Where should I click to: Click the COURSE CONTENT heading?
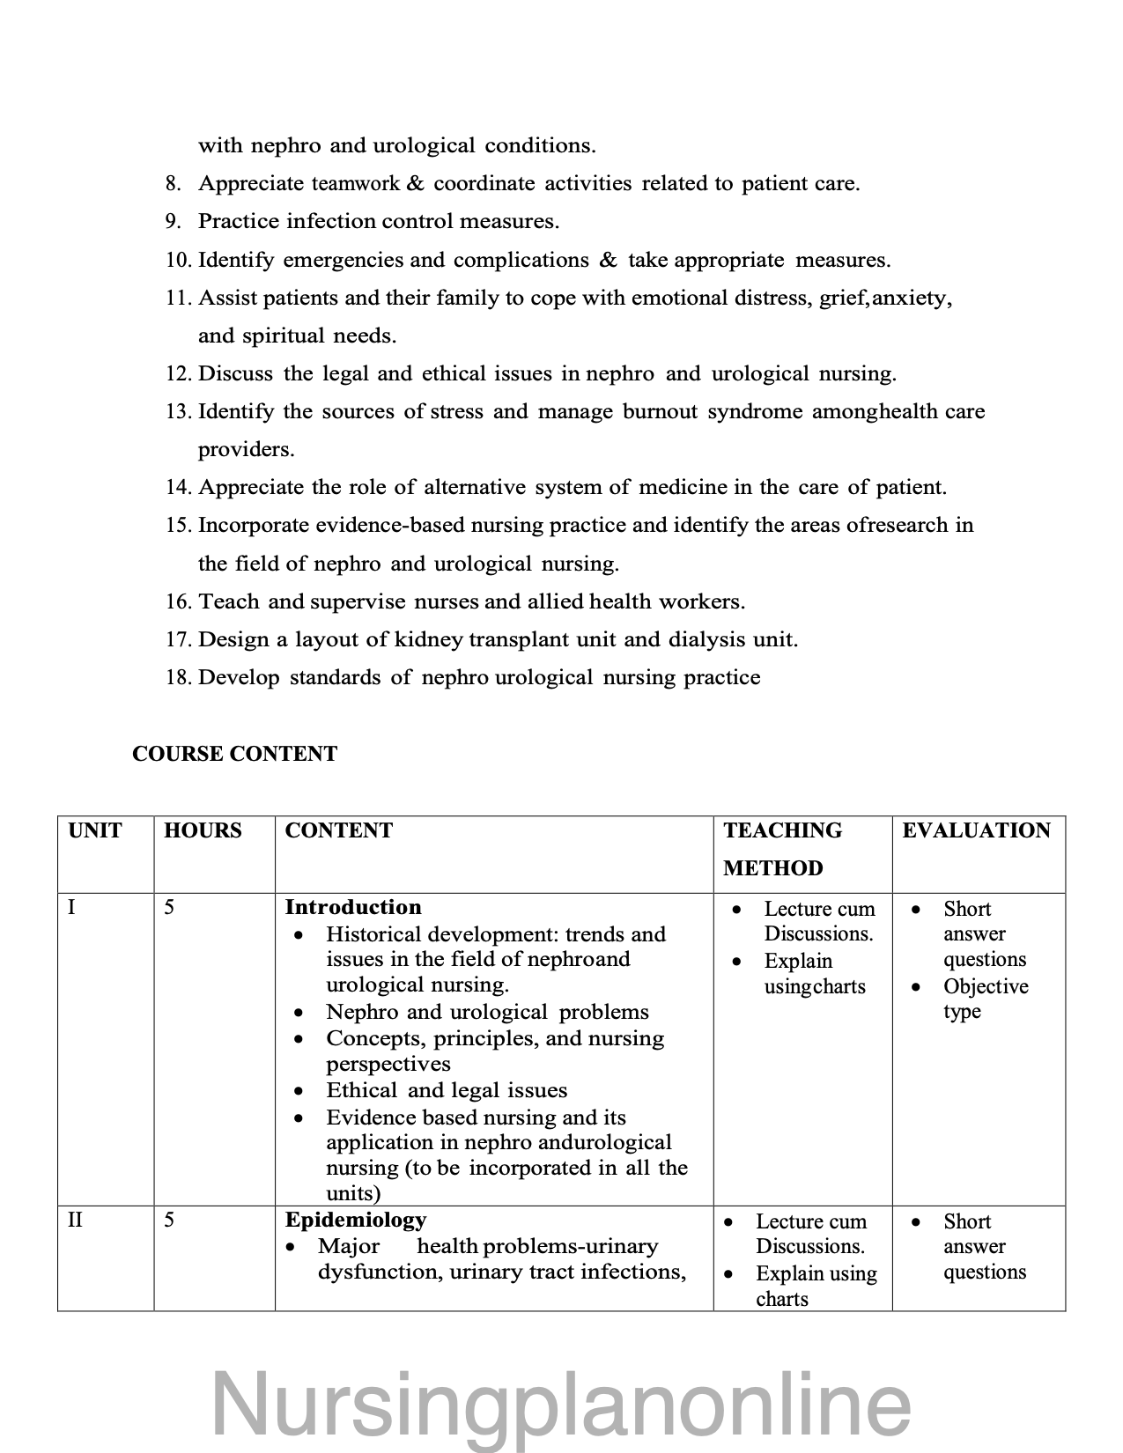click(234, 754)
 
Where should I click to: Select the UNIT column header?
click(94, 830)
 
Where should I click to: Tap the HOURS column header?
click(203, 830)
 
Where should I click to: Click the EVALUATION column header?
click(976, 830)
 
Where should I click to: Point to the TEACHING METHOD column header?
click(782, 849)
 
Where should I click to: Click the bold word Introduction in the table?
click(353, 907)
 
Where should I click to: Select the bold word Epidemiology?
click(356, 1220)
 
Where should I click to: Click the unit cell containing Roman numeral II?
click(76, 1221)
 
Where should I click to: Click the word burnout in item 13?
click(660, 411)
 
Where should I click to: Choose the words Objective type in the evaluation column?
click(985, 999)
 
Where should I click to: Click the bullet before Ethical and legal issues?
click(300, 1092)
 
